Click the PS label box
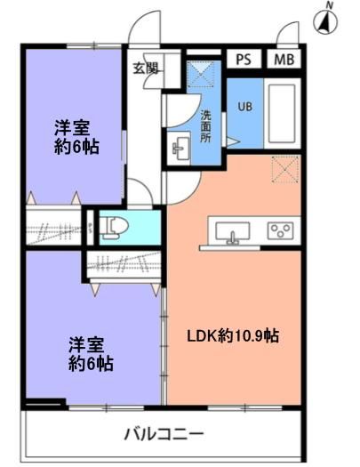244,60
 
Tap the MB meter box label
284,60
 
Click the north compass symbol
325,20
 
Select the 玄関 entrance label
145,69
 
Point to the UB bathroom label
245,107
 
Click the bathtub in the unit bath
282,114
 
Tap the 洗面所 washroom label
205,126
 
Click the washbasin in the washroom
179,148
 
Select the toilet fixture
114,228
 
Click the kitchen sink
233,231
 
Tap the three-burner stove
280,230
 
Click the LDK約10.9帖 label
233,335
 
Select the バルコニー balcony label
164,434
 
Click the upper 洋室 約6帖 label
76,137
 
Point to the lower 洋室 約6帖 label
91,354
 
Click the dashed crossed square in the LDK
285,169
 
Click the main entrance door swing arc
144,28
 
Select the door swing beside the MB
288,33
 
